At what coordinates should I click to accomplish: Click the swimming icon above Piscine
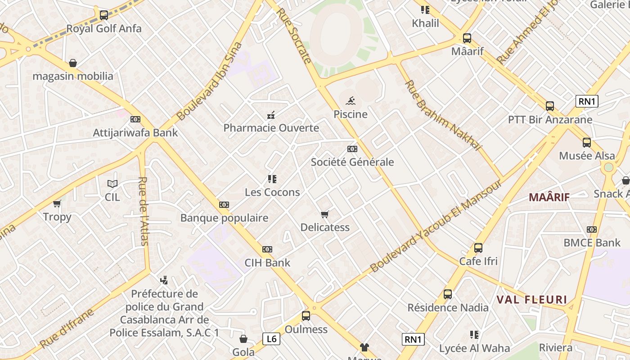(x=351, y=100)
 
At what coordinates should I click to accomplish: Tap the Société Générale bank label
(x=352, y=162)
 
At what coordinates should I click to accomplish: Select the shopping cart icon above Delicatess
(x=325, y=214)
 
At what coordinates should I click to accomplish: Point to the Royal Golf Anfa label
(x=104, y=29)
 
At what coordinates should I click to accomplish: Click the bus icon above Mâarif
(x=467, y=38)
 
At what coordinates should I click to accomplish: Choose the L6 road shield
(x=271, y=339)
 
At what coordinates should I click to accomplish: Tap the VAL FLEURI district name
(x=531, y=300)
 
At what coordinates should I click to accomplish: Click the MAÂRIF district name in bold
(x=549, y=197)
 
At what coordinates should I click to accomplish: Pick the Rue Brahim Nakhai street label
(x=443, y=116)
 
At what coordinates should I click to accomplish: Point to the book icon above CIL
(x=112, y=184)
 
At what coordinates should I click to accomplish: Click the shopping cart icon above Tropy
(x=57, y=204)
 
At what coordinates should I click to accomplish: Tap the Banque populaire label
(x=224, y=218)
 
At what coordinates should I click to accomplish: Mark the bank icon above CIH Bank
(x=267, y=249)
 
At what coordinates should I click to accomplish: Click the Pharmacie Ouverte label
(x=271, y=128)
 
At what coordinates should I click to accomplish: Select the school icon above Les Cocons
(x=272, y=179)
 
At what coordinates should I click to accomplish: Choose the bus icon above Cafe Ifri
(x=478, y=248)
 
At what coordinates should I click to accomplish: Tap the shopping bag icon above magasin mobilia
(x=73, y=63)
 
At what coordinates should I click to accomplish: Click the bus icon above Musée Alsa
(x=587, y=143)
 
